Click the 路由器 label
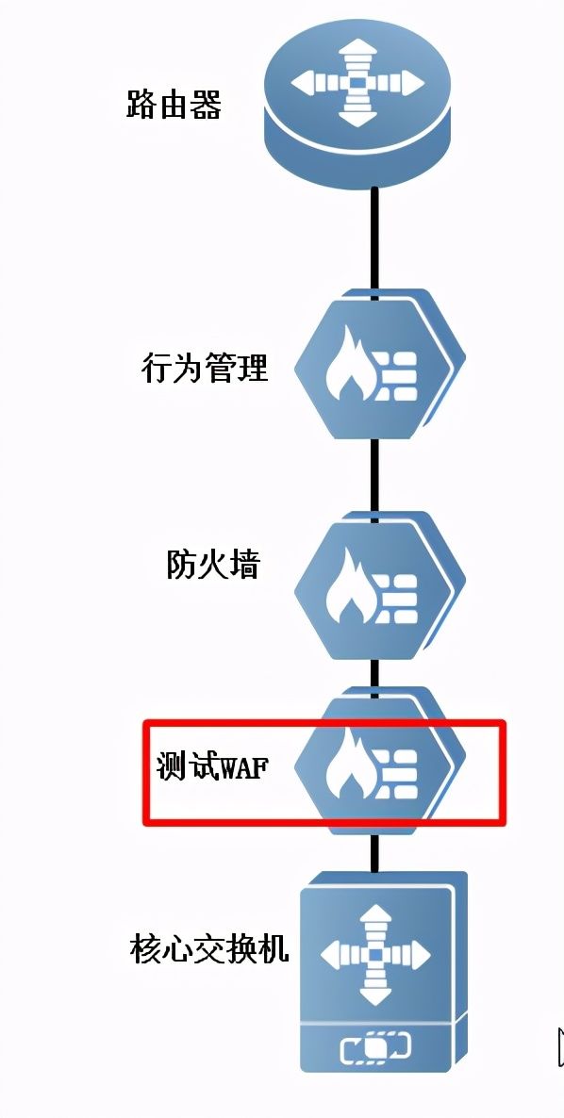[174, 104]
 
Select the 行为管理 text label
[205, 369]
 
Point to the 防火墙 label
[213, 564]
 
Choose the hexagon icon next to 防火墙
[378, 586]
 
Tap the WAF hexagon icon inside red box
[378, 762]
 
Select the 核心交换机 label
[209, 949]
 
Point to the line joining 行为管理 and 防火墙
[374, 476]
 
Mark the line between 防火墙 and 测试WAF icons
[374, 675]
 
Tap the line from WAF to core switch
[374, 853]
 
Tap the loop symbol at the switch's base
[375, 1048]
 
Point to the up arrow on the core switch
[375, 922]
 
